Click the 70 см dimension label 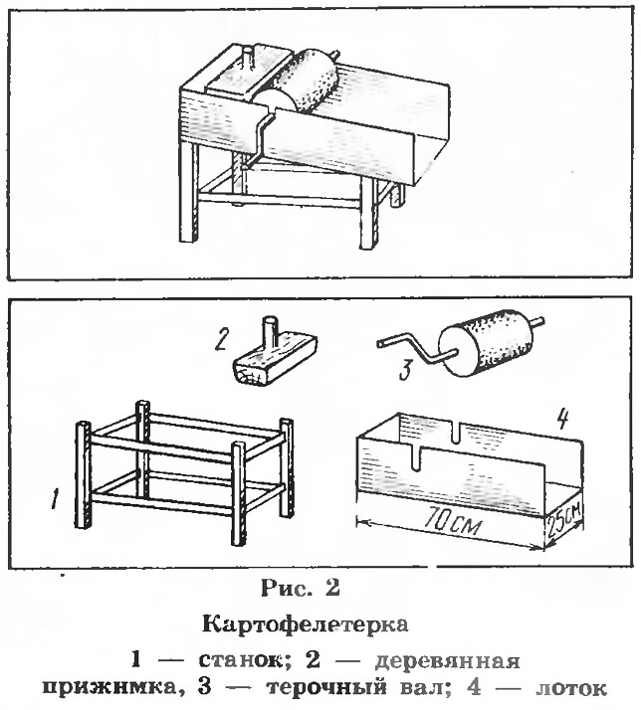[450, 525]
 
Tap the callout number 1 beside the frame [56, 497]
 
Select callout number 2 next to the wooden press [220, 340]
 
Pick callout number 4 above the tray [561, 419]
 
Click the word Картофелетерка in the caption [306, 623]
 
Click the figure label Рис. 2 [301, 588]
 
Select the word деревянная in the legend [447, 661]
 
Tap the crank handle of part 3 [406, 347]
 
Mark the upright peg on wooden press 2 [270, 334]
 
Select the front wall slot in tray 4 [416, 458]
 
